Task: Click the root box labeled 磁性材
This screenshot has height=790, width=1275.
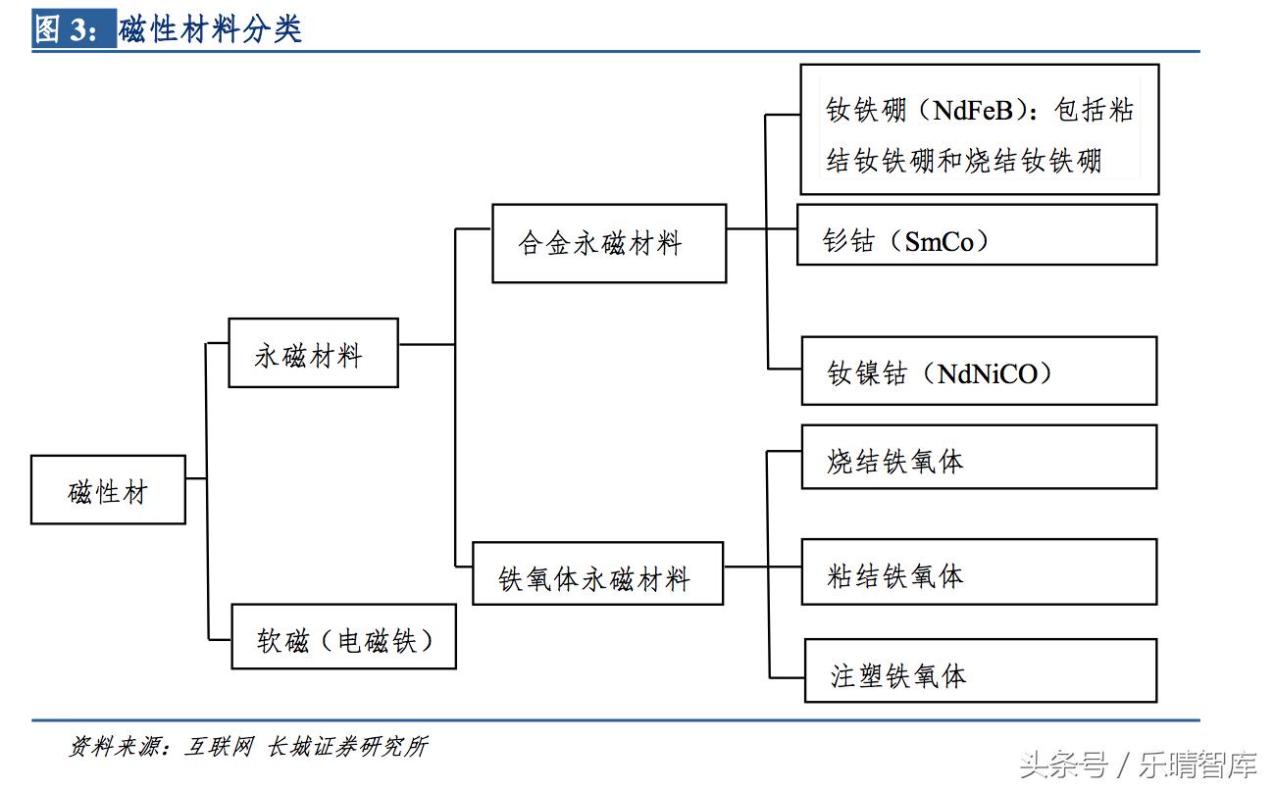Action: coord(108,490)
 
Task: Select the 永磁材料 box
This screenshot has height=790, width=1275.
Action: coord(313,353)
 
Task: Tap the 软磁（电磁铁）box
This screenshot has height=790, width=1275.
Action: coord(343,637)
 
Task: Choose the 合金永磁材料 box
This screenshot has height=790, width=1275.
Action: coord(608,243)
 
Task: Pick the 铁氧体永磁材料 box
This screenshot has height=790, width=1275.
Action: coord(597,574)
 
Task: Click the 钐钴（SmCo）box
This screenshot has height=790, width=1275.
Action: coord(977,235)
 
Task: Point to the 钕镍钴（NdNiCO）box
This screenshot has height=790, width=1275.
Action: coord(979,370)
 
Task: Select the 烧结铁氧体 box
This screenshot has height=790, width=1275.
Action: coord(979,457)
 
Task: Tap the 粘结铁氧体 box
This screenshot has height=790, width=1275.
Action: coord(979,572)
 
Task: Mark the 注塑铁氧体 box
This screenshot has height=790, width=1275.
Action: coord(980,670)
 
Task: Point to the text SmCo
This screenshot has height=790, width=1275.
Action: coord(940,241)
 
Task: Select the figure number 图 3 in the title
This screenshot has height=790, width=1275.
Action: coord(65,29)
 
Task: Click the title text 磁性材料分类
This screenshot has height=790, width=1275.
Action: coord(210,29)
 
